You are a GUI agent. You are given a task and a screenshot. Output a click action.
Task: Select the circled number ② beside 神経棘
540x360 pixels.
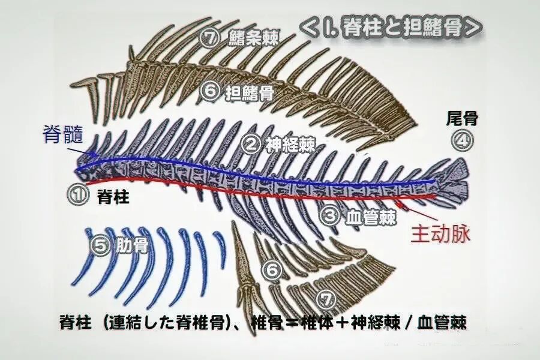(253, 143)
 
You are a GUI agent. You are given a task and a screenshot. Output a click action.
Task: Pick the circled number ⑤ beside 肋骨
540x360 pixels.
(100, 246)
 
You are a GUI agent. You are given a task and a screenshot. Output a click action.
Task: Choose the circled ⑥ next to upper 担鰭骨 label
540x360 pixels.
(209, 91)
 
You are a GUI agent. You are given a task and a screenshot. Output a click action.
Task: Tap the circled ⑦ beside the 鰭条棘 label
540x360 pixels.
(209, 39)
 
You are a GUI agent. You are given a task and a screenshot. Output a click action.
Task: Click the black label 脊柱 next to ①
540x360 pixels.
(113, 196)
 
